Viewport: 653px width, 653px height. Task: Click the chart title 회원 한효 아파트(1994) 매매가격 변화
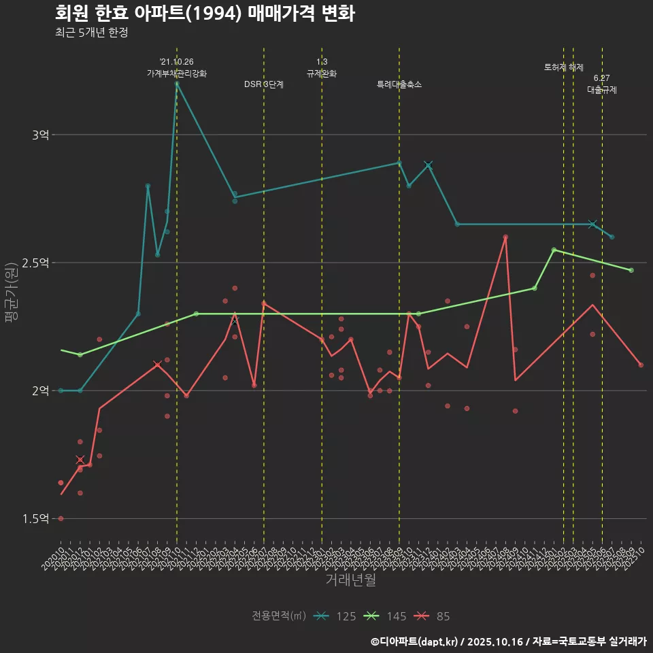tap(204, 14)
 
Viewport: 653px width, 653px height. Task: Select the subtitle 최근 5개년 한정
tap(91, 33)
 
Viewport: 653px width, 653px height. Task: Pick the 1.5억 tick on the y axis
tap(36, 518)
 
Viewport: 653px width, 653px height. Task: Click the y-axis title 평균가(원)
tap(12, 294)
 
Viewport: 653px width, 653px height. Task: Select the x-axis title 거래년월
tap(350, 580)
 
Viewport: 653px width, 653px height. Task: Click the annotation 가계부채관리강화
tap(177, 73)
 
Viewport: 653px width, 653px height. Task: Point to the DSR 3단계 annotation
tap(264, 84)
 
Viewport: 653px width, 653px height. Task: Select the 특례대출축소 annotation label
tap(399, 84)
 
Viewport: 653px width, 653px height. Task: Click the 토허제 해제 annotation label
tap(564, 67)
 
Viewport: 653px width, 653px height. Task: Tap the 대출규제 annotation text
tap(602, 89)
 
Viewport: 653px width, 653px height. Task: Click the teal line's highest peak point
tap(177, 84)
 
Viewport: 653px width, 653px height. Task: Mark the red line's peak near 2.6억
tap(505, 237)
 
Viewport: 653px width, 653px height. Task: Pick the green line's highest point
tap(554, 250)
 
